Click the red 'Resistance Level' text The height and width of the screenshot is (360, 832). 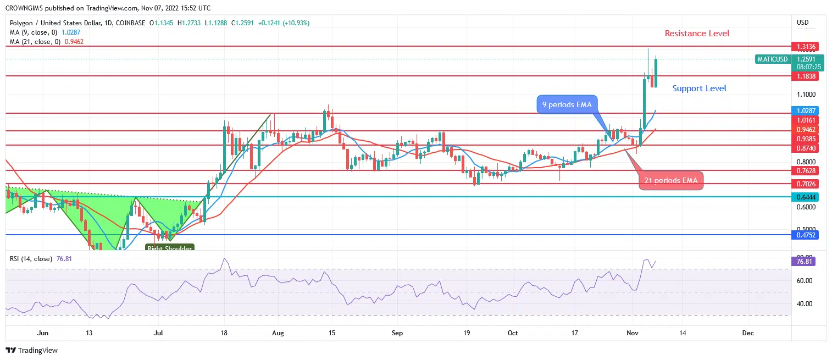tap(697, 34)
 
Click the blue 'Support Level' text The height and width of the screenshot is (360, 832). tap(699, 88)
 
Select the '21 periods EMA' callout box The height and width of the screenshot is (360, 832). tap(670, 181)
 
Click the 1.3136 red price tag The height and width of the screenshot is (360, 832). tap(803, 46)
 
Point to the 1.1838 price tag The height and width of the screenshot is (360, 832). tap(803, 76)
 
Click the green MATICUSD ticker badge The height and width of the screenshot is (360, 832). tap(772, 59)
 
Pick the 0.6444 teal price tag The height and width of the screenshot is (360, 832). tap(803, 197)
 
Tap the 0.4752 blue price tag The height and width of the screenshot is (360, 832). tap(803, 235)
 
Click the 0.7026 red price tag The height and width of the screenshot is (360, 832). tap(803, 184)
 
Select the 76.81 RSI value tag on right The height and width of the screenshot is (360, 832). tap(803, 262)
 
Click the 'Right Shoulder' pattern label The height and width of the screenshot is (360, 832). tap(169, 249)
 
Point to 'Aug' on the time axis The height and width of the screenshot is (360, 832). tap(278, 333)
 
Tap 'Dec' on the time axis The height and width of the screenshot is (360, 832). tap(747, 333)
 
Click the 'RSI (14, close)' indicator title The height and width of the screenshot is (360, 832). tap(31, 258)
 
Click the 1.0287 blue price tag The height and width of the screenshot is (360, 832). tap(803, 110)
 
